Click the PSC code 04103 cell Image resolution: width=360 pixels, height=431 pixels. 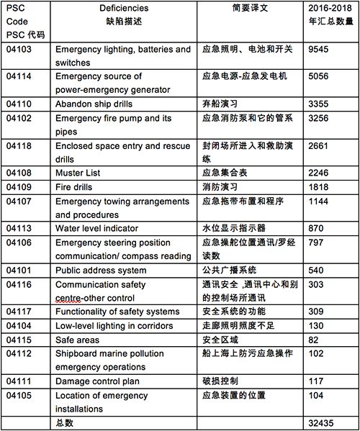point(19,50)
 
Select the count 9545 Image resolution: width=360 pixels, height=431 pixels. point(320,50)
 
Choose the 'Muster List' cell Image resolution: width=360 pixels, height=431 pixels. point(78,173)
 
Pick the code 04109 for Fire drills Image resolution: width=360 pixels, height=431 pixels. point(19,186)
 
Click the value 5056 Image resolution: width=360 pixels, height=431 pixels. point(320,76)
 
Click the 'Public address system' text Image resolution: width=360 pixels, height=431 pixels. point(105,271)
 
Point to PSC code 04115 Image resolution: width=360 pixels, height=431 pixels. point(19,339)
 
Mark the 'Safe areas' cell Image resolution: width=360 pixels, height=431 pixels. point(80,339)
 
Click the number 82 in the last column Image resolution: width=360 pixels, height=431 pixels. point(314,339)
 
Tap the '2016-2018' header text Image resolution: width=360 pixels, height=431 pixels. point(330,6)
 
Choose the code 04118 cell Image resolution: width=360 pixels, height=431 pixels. point(19,146)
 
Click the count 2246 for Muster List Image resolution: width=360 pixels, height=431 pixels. point(320,173)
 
